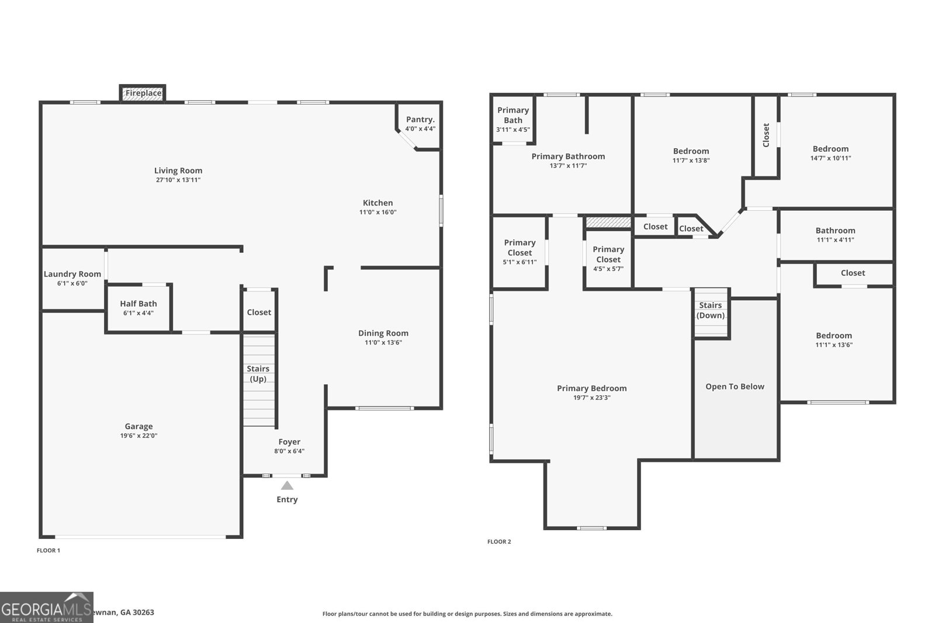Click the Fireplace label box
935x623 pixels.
(143, 93)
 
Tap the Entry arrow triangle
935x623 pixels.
(287, 486)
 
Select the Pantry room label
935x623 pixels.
(420, 119)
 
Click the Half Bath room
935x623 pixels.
(138, 308)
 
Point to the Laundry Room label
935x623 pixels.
(72, 274)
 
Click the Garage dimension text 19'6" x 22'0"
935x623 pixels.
(138, 436)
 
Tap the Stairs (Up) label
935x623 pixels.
(258, 374)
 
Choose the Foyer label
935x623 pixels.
(289, 442)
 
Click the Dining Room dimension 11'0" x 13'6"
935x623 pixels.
(383, 343)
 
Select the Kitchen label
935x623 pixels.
(378, 203)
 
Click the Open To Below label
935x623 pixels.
(735, 387)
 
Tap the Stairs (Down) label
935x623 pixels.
(711, 310)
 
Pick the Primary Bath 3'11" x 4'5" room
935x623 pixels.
(513, 119)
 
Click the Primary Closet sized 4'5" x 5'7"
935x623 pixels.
(608, 259)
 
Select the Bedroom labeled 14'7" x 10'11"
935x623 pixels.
(830, 153)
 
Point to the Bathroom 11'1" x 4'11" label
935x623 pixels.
(835, 231)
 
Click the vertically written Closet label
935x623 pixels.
(766, 135)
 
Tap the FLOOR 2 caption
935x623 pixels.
(499, 542)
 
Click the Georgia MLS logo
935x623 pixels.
(46, 607)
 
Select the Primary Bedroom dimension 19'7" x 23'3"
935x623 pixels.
(591, 398)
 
